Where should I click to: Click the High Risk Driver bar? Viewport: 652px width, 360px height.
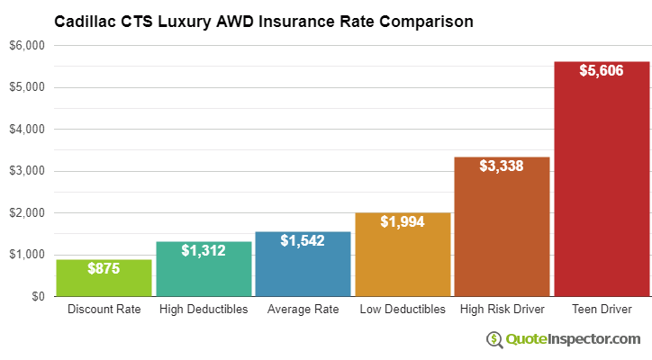pos(502,234)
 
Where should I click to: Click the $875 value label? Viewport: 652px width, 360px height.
pos(104,268)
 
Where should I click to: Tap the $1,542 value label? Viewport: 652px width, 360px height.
pos(303,240)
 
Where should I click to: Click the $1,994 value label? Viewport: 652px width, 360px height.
pos(403,221)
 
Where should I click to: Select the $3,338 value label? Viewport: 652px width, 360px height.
pos(502,166)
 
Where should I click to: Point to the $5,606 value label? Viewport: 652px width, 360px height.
pos(602,70)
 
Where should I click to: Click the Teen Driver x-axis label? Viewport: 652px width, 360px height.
pos(602,310)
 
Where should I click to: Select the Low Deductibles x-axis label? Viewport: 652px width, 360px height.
pos(403,310)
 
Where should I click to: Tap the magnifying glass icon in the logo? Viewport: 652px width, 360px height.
pos(494,339)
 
